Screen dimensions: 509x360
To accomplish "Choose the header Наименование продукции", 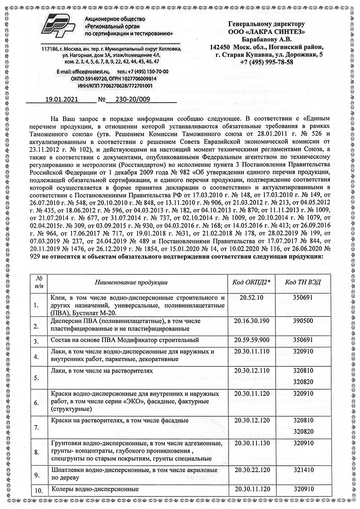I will pyautogui.click(x=131, y=282).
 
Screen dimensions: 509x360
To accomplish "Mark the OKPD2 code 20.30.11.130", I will pyautogui.click(x=252, y=443).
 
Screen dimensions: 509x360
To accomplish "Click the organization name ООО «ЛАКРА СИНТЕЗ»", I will pyautogui.click(x=266, y=32).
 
